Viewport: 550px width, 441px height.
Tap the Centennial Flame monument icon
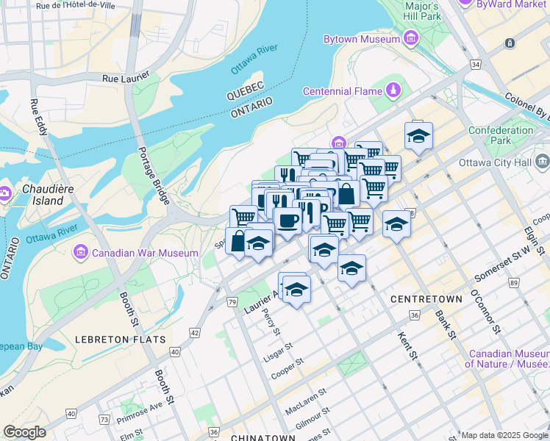pos(394,90)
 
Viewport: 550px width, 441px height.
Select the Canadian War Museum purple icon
pos(82,254)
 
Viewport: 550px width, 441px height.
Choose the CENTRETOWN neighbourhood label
pos(426,299)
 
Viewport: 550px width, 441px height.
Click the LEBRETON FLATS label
pos(120,340)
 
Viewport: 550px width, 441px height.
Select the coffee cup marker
pos(287,220)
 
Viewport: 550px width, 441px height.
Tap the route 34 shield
pos(476,65)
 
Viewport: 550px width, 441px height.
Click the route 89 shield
pos(513,283)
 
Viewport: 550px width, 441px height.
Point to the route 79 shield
pos(232,301)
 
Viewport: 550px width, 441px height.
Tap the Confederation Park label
pos(501,135)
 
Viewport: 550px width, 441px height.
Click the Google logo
pos(24,432)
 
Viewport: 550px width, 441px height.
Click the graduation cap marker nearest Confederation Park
pos(418,136)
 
